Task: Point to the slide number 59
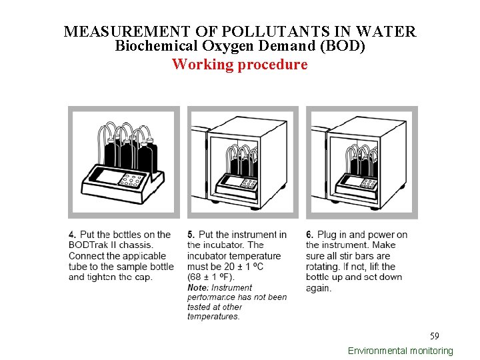(x=435, y=335)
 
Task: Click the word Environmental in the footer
(x=377, y=351)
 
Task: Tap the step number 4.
(x=72, y=235)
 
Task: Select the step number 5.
(x=191, y=235)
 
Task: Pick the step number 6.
(x=310, y=235)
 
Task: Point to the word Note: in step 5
(x=198, y=288)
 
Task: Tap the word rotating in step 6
(x=323, y=267)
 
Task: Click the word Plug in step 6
(x=327, y=235)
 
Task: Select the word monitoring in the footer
(x=431, y=351)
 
